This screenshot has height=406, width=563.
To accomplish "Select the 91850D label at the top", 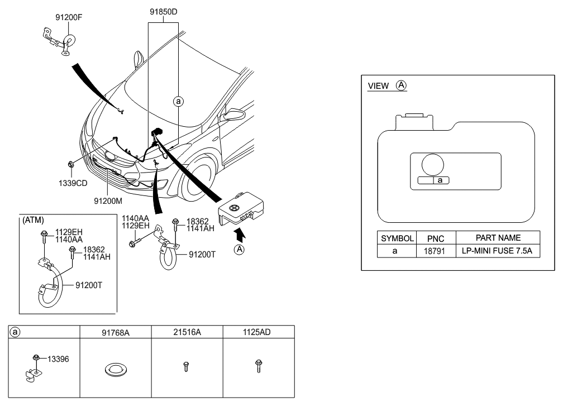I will tap(164, 11).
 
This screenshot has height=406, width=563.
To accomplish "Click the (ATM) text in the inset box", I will tap(33, 219).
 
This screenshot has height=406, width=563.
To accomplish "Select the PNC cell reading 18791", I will tap(435, 251).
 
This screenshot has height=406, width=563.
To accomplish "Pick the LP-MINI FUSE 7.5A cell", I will tap(498, 251).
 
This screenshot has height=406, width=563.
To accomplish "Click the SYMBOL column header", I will tap(397, 238).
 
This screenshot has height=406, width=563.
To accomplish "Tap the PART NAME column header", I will tap(498, 238).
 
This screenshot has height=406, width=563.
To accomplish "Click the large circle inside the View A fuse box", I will tap(433, 165).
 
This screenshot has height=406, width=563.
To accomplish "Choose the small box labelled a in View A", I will tap(440, 180).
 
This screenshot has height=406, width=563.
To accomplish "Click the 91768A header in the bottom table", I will tap(116, 332).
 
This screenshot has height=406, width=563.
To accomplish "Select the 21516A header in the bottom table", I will tap(187, 332).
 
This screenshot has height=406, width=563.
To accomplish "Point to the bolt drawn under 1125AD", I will tap(259, 366).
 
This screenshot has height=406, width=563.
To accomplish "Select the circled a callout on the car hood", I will tap(178, 102).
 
